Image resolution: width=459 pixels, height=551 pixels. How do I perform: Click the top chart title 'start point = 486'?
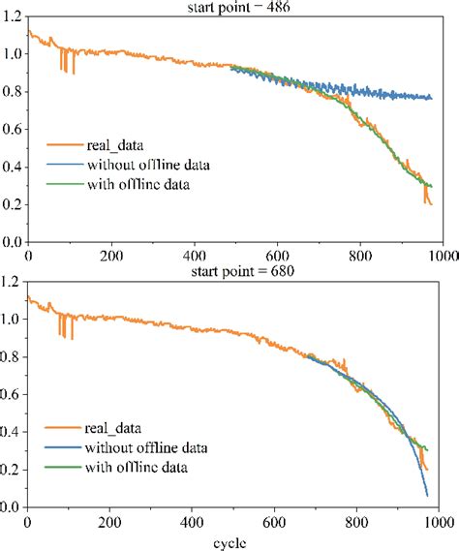(235, 6)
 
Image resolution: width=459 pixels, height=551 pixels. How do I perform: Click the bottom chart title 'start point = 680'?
(235, 271)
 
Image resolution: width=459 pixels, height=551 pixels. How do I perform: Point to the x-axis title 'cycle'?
(235, 541)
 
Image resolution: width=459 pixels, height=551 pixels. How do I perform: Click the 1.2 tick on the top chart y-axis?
(13, 16)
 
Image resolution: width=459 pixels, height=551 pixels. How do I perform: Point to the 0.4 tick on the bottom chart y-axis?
(13, 433)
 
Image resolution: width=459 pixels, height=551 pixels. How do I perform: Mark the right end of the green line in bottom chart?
(430, 448)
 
